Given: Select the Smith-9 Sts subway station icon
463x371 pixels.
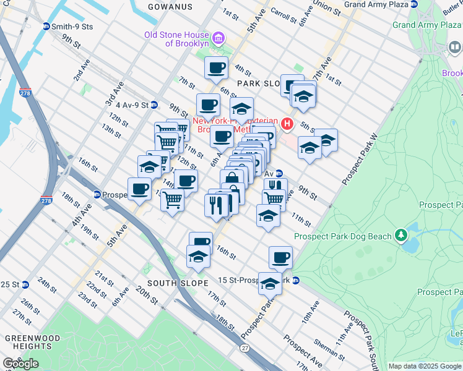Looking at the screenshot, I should (46, 27).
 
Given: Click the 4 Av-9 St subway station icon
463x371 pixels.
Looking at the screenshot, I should (154, 105).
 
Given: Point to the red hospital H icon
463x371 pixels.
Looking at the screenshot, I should (287, 124).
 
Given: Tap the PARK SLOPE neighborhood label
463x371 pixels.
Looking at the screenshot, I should (259, 82).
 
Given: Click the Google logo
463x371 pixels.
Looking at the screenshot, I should (20, 363).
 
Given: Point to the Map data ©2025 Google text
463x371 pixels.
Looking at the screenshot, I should (425, 366).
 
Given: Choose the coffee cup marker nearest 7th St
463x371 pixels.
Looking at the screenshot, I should (216, 69).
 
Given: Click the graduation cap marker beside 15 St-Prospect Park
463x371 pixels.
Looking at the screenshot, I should (270, 283).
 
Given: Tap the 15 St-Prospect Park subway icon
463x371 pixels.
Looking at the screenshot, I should (296, 280).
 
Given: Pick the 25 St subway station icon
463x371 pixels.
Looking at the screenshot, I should (25, 284).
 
